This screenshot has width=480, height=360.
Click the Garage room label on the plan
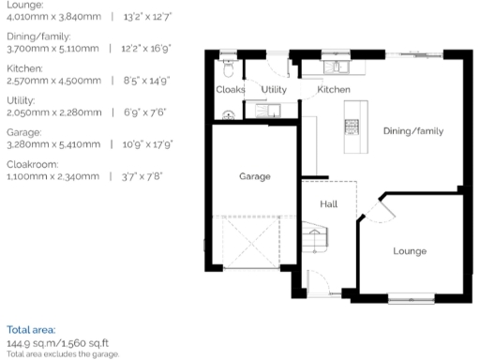(254, 176)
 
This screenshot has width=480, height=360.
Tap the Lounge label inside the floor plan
(409, 250)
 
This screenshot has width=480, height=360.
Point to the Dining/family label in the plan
(412, 131)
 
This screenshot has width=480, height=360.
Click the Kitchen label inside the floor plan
(334, 89)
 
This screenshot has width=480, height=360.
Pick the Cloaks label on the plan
(230, 90)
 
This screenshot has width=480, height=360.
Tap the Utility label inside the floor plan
(274, 89)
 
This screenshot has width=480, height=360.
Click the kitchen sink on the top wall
(336, 67)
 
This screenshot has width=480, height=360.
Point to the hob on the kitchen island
(353, 127)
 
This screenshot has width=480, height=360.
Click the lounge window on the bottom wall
(412, 300)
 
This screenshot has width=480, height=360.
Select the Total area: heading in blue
(31, 330)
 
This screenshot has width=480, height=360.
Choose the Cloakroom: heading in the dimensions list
(31, 161)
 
